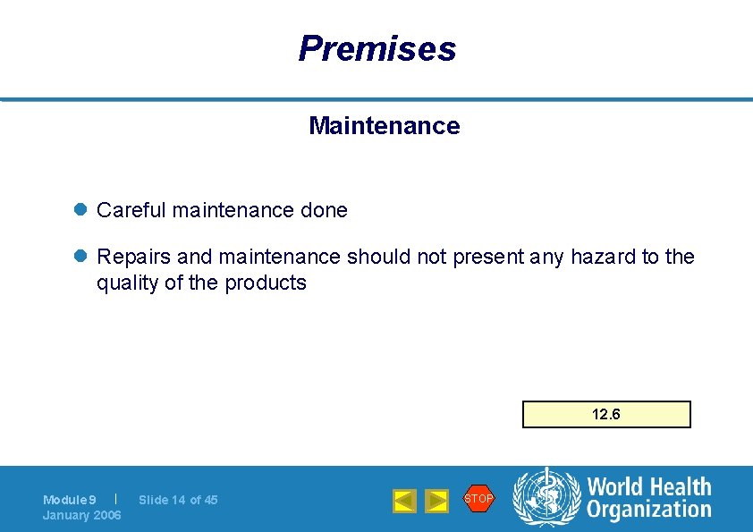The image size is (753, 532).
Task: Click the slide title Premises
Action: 376,48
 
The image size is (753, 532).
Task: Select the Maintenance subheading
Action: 384,126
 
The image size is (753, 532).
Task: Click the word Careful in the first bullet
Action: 131,211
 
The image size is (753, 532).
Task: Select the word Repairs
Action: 133,258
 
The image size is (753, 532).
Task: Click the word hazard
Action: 604,258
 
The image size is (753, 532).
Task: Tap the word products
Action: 266,283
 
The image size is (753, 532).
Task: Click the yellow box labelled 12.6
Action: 606,415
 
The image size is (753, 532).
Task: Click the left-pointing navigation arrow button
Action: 404,501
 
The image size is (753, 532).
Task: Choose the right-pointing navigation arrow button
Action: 436,501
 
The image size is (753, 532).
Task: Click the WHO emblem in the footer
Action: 546,498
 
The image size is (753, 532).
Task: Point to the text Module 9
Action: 70,500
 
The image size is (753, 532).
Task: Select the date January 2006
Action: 82,515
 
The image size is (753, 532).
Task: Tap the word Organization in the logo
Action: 648,510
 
